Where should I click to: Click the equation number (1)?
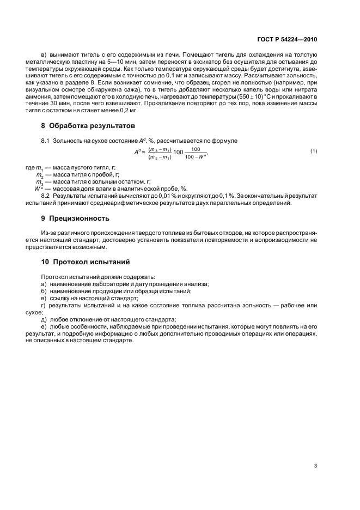click(x=313, y=150)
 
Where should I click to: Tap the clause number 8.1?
click(x=46, y=141)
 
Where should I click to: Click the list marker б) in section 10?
click(x=44, y=292)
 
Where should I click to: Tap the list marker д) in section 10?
click(x=44, y=319)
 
